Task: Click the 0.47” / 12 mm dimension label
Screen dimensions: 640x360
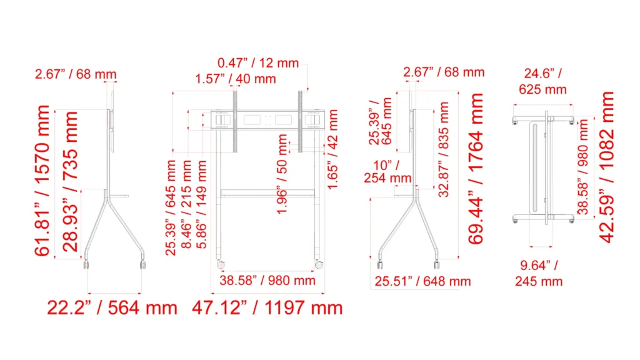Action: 258,63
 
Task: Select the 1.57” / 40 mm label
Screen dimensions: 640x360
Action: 236,79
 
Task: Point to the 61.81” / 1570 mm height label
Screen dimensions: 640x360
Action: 42,181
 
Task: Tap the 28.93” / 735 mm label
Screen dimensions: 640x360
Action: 70,182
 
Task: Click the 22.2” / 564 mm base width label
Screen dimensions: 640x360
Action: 112,307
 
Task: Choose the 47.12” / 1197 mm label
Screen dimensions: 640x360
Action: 267,307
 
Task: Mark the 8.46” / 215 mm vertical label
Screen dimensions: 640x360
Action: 186,204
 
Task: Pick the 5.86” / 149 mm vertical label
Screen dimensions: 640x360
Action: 202,204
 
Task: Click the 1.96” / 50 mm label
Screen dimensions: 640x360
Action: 282,174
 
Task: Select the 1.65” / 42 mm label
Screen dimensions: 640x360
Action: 333,149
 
